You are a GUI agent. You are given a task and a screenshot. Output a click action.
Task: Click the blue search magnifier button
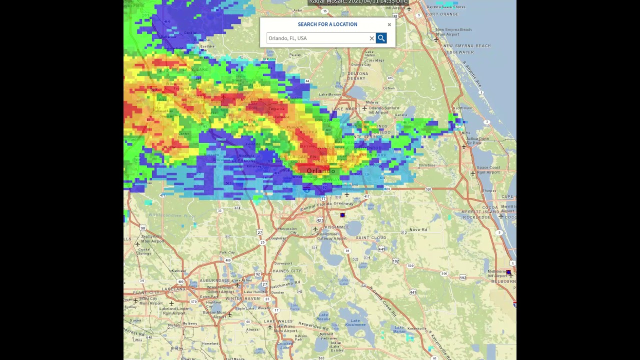click(381, 38)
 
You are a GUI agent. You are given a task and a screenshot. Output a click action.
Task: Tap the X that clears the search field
click(371, 38)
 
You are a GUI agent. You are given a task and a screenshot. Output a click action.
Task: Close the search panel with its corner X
click(389, 24)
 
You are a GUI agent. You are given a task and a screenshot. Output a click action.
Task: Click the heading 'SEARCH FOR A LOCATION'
click(327, 24)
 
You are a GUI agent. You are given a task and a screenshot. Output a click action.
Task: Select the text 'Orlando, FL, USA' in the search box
click(287, 38)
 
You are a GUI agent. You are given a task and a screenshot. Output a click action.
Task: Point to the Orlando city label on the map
click(321, 171)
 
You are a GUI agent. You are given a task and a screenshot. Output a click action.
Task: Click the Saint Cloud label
click(371, 237)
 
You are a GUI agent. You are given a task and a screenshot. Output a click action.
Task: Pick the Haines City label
click(287, 271)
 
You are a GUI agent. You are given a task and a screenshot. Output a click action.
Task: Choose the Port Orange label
click(442, 14)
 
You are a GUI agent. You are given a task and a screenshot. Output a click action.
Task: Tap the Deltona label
click(357, 73)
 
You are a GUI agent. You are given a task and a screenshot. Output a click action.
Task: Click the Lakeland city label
click(173, 289)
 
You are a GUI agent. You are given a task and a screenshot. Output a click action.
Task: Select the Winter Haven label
click(242, 298)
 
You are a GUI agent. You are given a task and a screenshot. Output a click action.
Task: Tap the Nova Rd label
click(418, 229)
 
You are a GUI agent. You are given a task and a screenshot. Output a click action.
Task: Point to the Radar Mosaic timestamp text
click(358, 2)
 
